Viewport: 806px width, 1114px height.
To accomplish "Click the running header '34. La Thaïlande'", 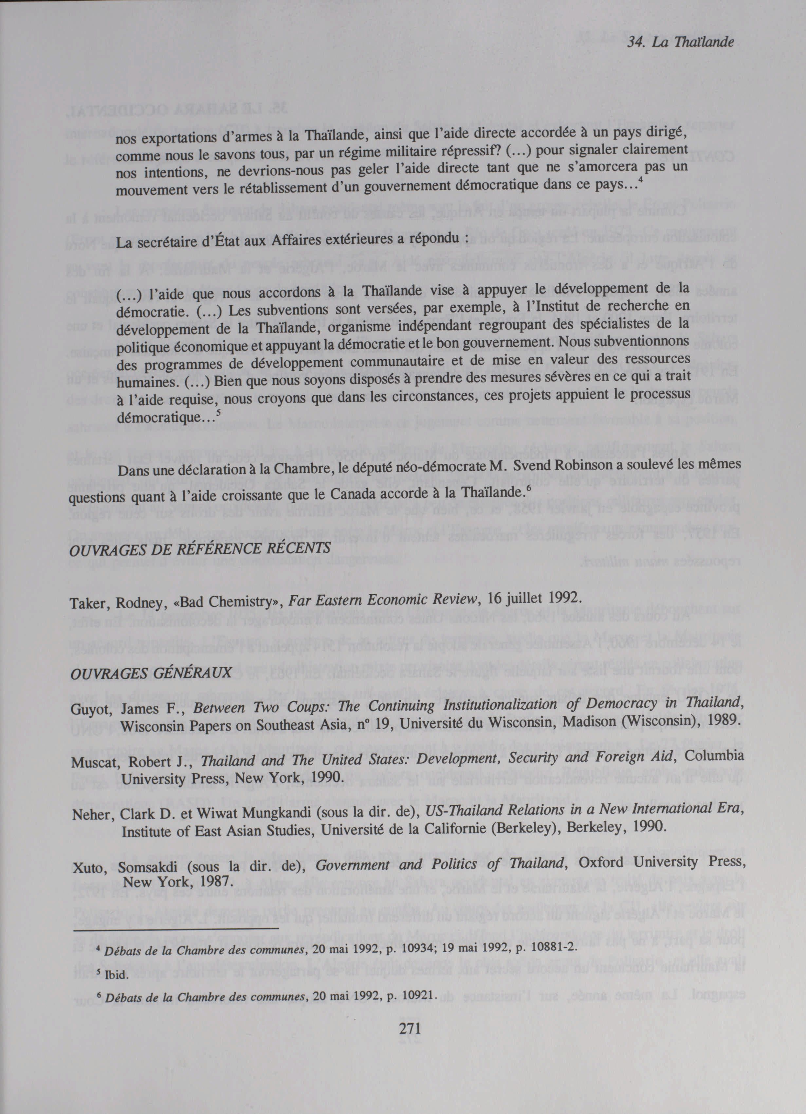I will point(680,43).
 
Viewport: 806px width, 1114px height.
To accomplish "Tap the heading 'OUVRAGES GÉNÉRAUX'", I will point(151,673).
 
